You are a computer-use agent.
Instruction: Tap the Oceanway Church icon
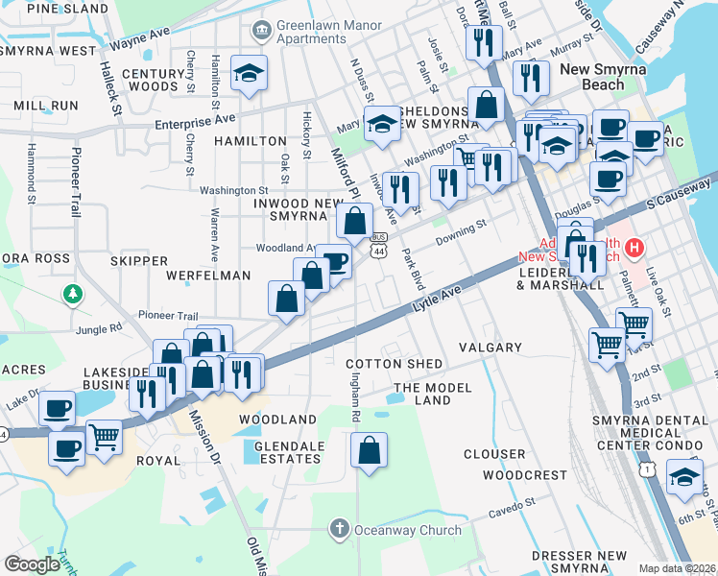coord(338,528)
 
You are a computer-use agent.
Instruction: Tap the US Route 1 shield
coord(650,468)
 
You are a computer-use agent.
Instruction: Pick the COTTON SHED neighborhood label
coord(395,364)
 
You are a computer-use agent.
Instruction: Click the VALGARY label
coord(490,348)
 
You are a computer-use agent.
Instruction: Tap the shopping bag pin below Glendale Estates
coord(369,450)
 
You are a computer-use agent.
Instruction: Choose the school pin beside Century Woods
coord(249,74)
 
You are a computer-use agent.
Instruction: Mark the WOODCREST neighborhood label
coord(525,475)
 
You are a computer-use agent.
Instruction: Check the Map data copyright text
coord(678,568)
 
